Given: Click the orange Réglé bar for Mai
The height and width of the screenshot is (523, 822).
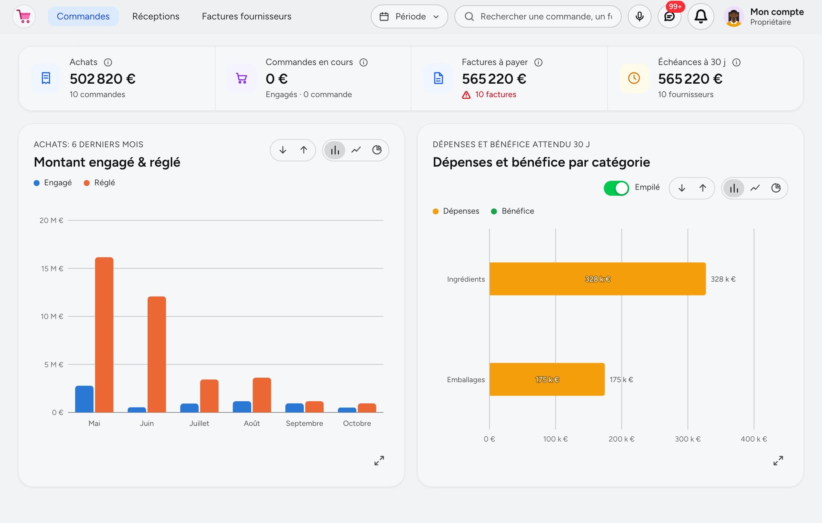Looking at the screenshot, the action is tap(104, 335).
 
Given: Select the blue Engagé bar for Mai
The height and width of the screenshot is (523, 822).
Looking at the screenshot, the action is tap(84, 399).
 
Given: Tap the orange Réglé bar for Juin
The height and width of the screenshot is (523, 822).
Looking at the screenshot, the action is tap(157, 355).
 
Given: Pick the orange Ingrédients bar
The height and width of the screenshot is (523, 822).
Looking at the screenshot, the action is tap(597, 279).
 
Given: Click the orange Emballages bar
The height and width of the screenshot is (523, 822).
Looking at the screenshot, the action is tap(547, 379).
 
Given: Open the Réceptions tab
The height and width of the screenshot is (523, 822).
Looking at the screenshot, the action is tap(156, 16).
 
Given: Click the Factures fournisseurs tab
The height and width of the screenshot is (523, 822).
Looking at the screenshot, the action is tap(247, 16).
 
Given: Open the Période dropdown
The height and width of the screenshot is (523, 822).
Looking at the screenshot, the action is tap(409, 16).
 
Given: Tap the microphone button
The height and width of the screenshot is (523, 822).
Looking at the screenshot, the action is tap(639, 16).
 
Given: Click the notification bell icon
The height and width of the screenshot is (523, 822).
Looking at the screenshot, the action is tap(701, 16).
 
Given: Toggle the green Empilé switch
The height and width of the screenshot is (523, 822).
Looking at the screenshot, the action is tap(616, 188).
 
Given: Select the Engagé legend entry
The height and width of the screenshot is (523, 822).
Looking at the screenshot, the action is tap(53, 183).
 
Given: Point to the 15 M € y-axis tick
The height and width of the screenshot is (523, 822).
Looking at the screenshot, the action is tap(52, 269).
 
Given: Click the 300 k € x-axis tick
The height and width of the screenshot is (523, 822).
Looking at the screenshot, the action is tap(687, 439).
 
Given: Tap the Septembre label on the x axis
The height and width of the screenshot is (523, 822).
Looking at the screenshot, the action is tap(304, 423).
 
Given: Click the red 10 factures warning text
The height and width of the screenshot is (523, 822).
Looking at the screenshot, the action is tap(495, 95).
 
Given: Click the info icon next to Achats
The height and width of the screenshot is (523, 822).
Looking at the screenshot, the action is tap(108, 62).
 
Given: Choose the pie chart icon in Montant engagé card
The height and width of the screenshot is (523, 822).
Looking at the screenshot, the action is tap(377, 150).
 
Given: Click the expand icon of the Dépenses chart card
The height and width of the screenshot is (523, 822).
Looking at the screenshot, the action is tap(778, 461).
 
